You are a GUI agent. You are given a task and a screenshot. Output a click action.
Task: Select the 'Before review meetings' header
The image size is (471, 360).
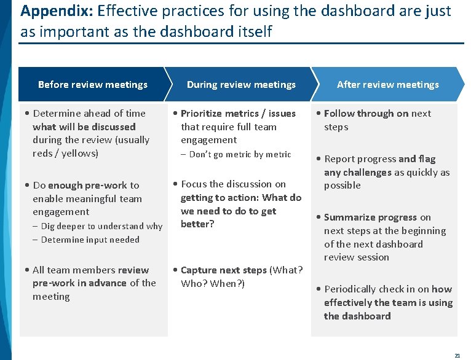tap(92, 85)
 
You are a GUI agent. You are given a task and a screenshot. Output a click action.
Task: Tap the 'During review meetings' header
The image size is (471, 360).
tap(241, 85)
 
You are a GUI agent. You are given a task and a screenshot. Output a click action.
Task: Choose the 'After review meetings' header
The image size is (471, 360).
tap(387, 85)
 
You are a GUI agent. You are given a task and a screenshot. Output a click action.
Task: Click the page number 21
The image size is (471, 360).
tap(457, 355)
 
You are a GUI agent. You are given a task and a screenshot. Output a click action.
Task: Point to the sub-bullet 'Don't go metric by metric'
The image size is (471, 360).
tap(240, 154)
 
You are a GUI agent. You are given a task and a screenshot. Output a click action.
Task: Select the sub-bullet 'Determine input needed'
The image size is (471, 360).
tap(90, 240)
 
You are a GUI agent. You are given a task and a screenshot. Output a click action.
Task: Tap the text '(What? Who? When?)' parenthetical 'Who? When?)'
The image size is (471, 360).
tap(213, 284)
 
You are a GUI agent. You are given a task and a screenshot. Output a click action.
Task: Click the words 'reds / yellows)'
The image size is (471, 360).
tap(65, 153)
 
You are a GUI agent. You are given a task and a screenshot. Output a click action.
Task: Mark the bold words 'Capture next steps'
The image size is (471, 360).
tap(224, 270)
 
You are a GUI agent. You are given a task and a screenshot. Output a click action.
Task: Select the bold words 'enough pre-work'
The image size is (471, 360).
tap(81, 185)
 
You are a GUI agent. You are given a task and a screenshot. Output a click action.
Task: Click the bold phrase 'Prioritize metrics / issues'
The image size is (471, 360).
tap(238, 113)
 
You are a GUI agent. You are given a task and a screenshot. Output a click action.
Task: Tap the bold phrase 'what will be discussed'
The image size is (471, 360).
tap(84, 127)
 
